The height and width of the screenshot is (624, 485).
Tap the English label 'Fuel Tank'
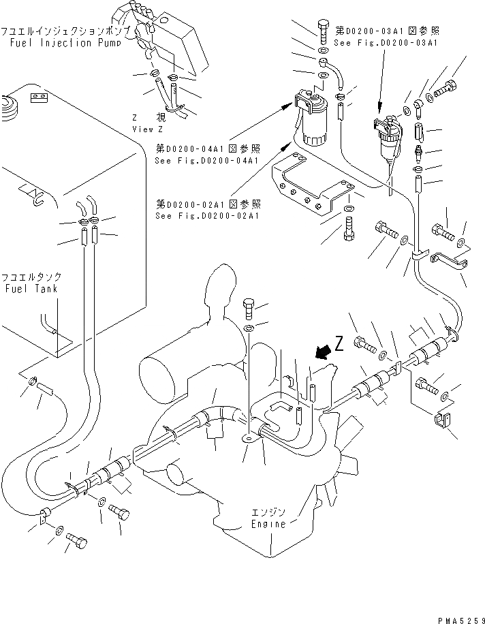(30, 289)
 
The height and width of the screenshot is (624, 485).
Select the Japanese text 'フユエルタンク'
(31, 277)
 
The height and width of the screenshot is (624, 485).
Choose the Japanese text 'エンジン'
(264, 512)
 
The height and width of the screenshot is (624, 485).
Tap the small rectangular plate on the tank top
(40, 99)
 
